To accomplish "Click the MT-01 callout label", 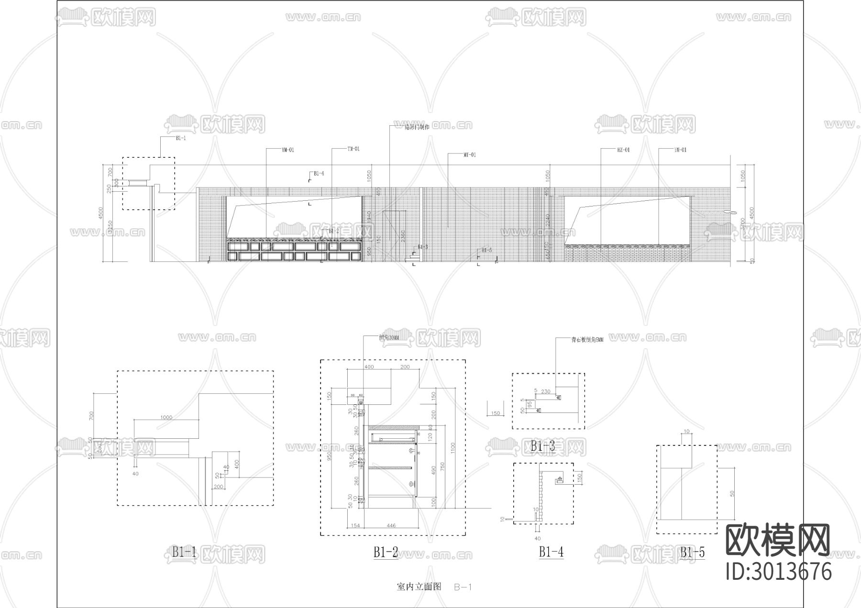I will pos(470,155).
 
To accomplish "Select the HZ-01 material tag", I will pos(623,150).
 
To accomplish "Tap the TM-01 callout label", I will pos(353,149).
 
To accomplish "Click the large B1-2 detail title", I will pos(386,553).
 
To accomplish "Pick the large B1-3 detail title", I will pos(542,446).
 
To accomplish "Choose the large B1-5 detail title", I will pos(692,553).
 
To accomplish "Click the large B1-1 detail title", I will pos(184,553).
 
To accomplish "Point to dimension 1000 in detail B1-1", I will pos(166,417).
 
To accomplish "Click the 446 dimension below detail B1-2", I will pos(391,525).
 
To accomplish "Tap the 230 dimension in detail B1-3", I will pos(545,391).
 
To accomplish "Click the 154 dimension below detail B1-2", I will pos(355,525).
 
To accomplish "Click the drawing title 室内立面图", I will pos(419,586).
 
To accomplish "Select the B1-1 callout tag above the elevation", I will pos(180,138).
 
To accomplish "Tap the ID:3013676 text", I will pos(778,572).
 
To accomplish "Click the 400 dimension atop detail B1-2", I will pos(369,367).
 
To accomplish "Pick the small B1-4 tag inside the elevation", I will pos(319,174).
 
